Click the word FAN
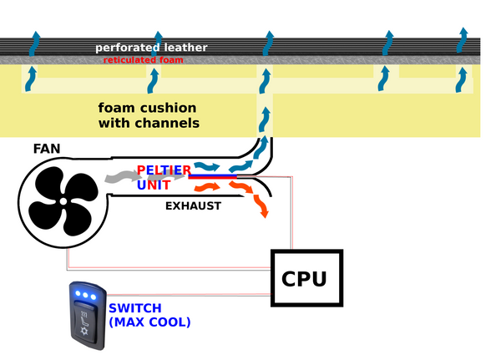pos(47,150)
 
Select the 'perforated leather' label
pos(151,48)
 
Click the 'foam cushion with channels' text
pos(149,115)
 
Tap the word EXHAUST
pos(193,205)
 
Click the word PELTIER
pos(170,170)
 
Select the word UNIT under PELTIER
pos(155,185)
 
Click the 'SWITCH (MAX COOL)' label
pos(149,315)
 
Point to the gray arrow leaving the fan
pos(122,176)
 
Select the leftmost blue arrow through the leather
pos(33,42)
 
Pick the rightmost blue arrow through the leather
pos(463,39)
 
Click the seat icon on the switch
pos(84,315)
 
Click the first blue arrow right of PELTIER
pos(206,167)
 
